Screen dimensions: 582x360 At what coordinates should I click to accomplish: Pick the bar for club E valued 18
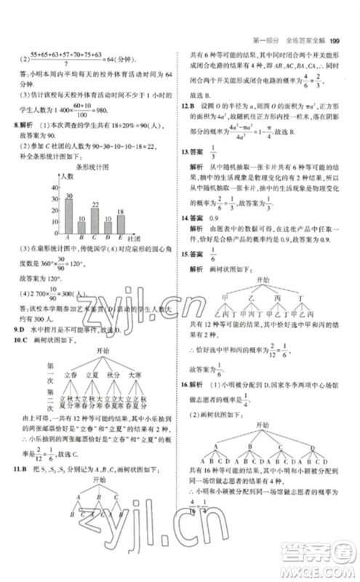point(122,221)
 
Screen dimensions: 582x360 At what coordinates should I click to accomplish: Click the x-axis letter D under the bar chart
point(108,236)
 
